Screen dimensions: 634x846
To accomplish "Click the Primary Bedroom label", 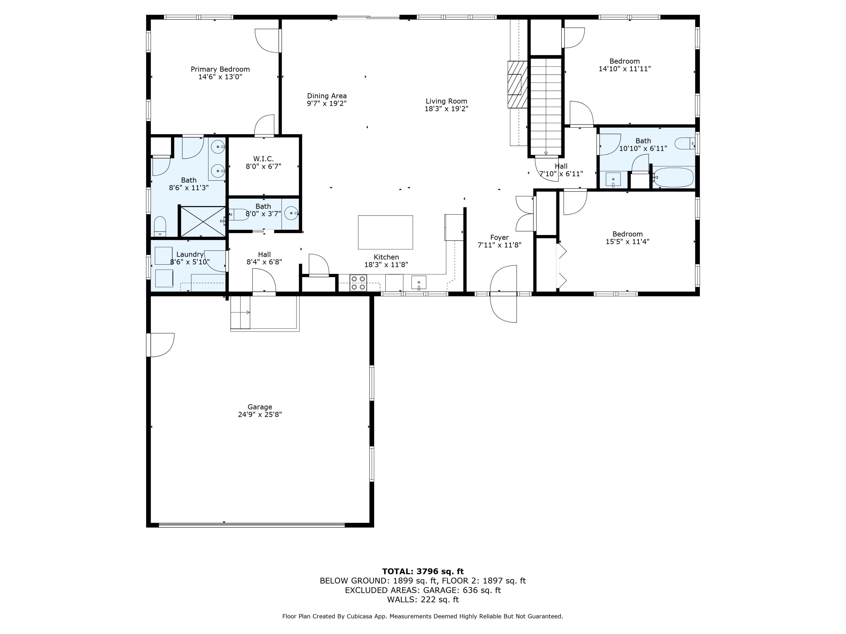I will tap(220, 69).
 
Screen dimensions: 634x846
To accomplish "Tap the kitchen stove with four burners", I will tap(358, 283).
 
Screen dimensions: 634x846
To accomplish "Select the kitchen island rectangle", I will tap(385, 232).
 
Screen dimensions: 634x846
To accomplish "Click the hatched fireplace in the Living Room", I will tap(517, 85).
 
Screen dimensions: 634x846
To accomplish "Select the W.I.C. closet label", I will tap(263, 159).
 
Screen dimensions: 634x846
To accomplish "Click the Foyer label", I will tap(499, 237).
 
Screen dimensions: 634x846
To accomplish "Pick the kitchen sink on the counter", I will tap(419, 282).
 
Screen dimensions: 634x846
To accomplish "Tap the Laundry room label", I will tap(190, 254).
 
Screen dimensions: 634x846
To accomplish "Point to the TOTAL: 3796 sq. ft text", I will tap(423, 571).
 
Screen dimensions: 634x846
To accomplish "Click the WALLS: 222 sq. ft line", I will tap(423, 600).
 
